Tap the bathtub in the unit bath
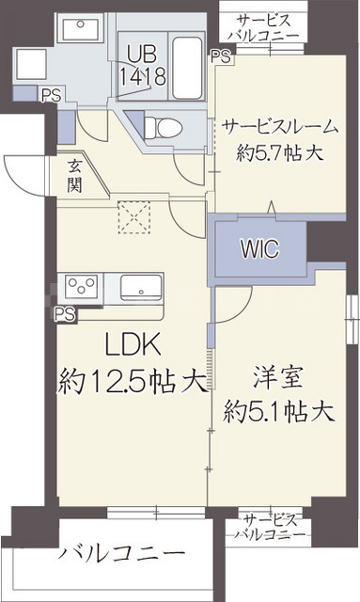coord(189,66)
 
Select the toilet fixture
coord(166,125)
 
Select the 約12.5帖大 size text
coord(132,381)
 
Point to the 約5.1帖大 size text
coord(279,411)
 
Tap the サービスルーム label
coord(274,126)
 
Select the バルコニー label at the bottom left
coord(120,553)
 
